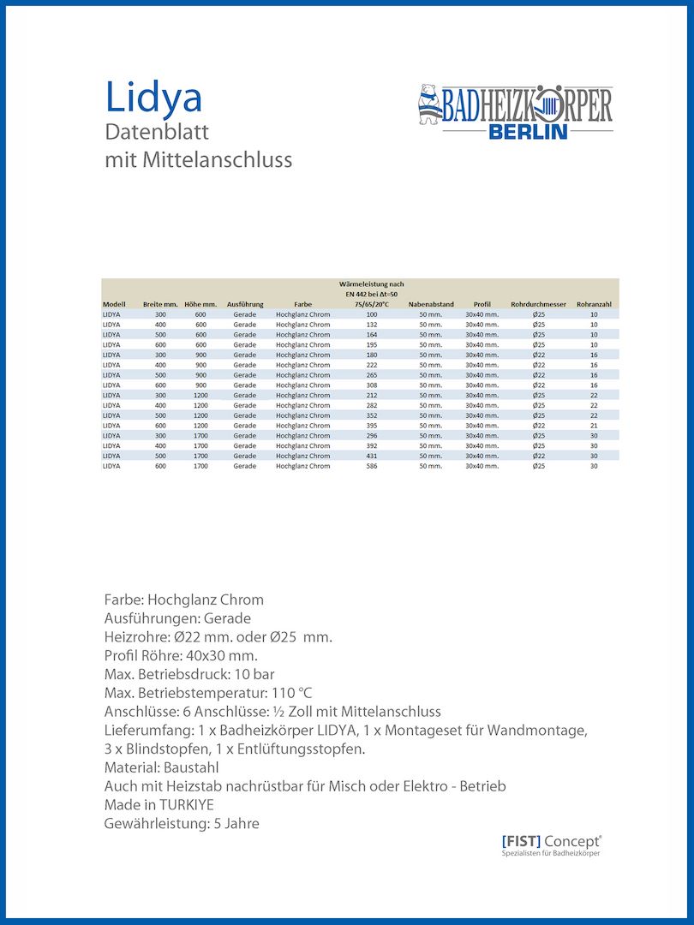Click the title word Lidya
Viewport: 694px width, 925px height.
[153, 97]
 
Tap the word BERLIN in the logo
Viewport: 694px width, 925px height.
[528, 132]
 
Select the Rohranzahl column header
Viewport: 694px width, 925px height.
[594, 304]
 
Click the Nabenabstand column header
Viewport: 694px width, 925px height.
[431, 304]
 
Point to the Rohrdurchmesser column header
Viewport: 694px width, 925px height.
[538, 304]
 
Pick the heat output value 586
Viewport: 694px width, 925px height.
[372, 466]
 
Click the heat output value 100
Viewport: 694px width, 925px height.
[372, 314]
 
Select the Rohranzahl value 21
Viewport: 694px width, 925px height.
[594, 426]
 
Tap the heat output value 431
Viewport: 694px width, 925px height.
[372, 456]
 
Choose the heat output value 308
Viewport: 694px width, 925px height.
[372, 385]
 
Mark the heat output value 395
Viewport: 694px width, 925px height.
[372, 426]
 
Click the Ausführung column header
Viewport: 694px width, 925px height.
[245, 304]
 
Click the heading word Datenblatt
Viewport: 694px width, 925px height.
[157, 133]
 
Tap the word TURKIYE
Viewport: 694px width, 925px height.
[186, 805]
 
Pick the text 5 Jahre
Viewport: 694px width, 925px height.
[232, 824]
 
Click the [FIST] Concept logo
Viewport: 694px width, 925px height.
[551, 843]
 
